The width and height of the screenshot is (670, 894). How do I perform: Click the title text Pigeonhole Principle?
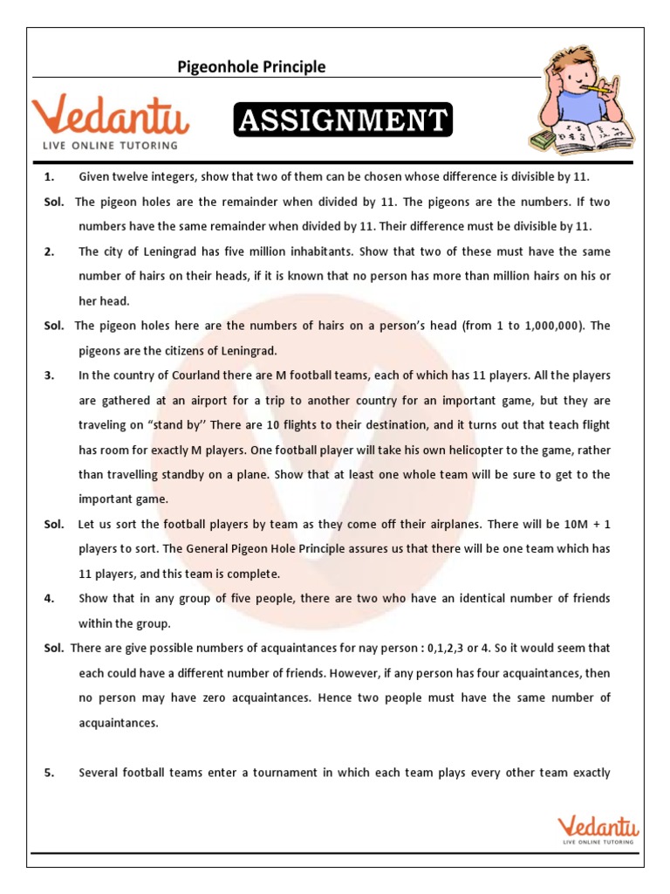[251, 66]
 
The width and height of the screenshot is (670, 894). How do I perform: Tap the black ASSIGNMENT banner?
[342, 120]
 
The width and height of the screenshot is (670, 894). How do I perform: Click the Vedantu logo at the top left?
[110, 120]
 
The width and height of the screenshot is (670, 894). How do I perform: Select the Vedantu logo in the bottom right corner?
[599, 828]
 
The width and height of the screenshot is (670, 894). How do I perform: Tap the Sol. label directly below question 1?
[54, 202]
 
